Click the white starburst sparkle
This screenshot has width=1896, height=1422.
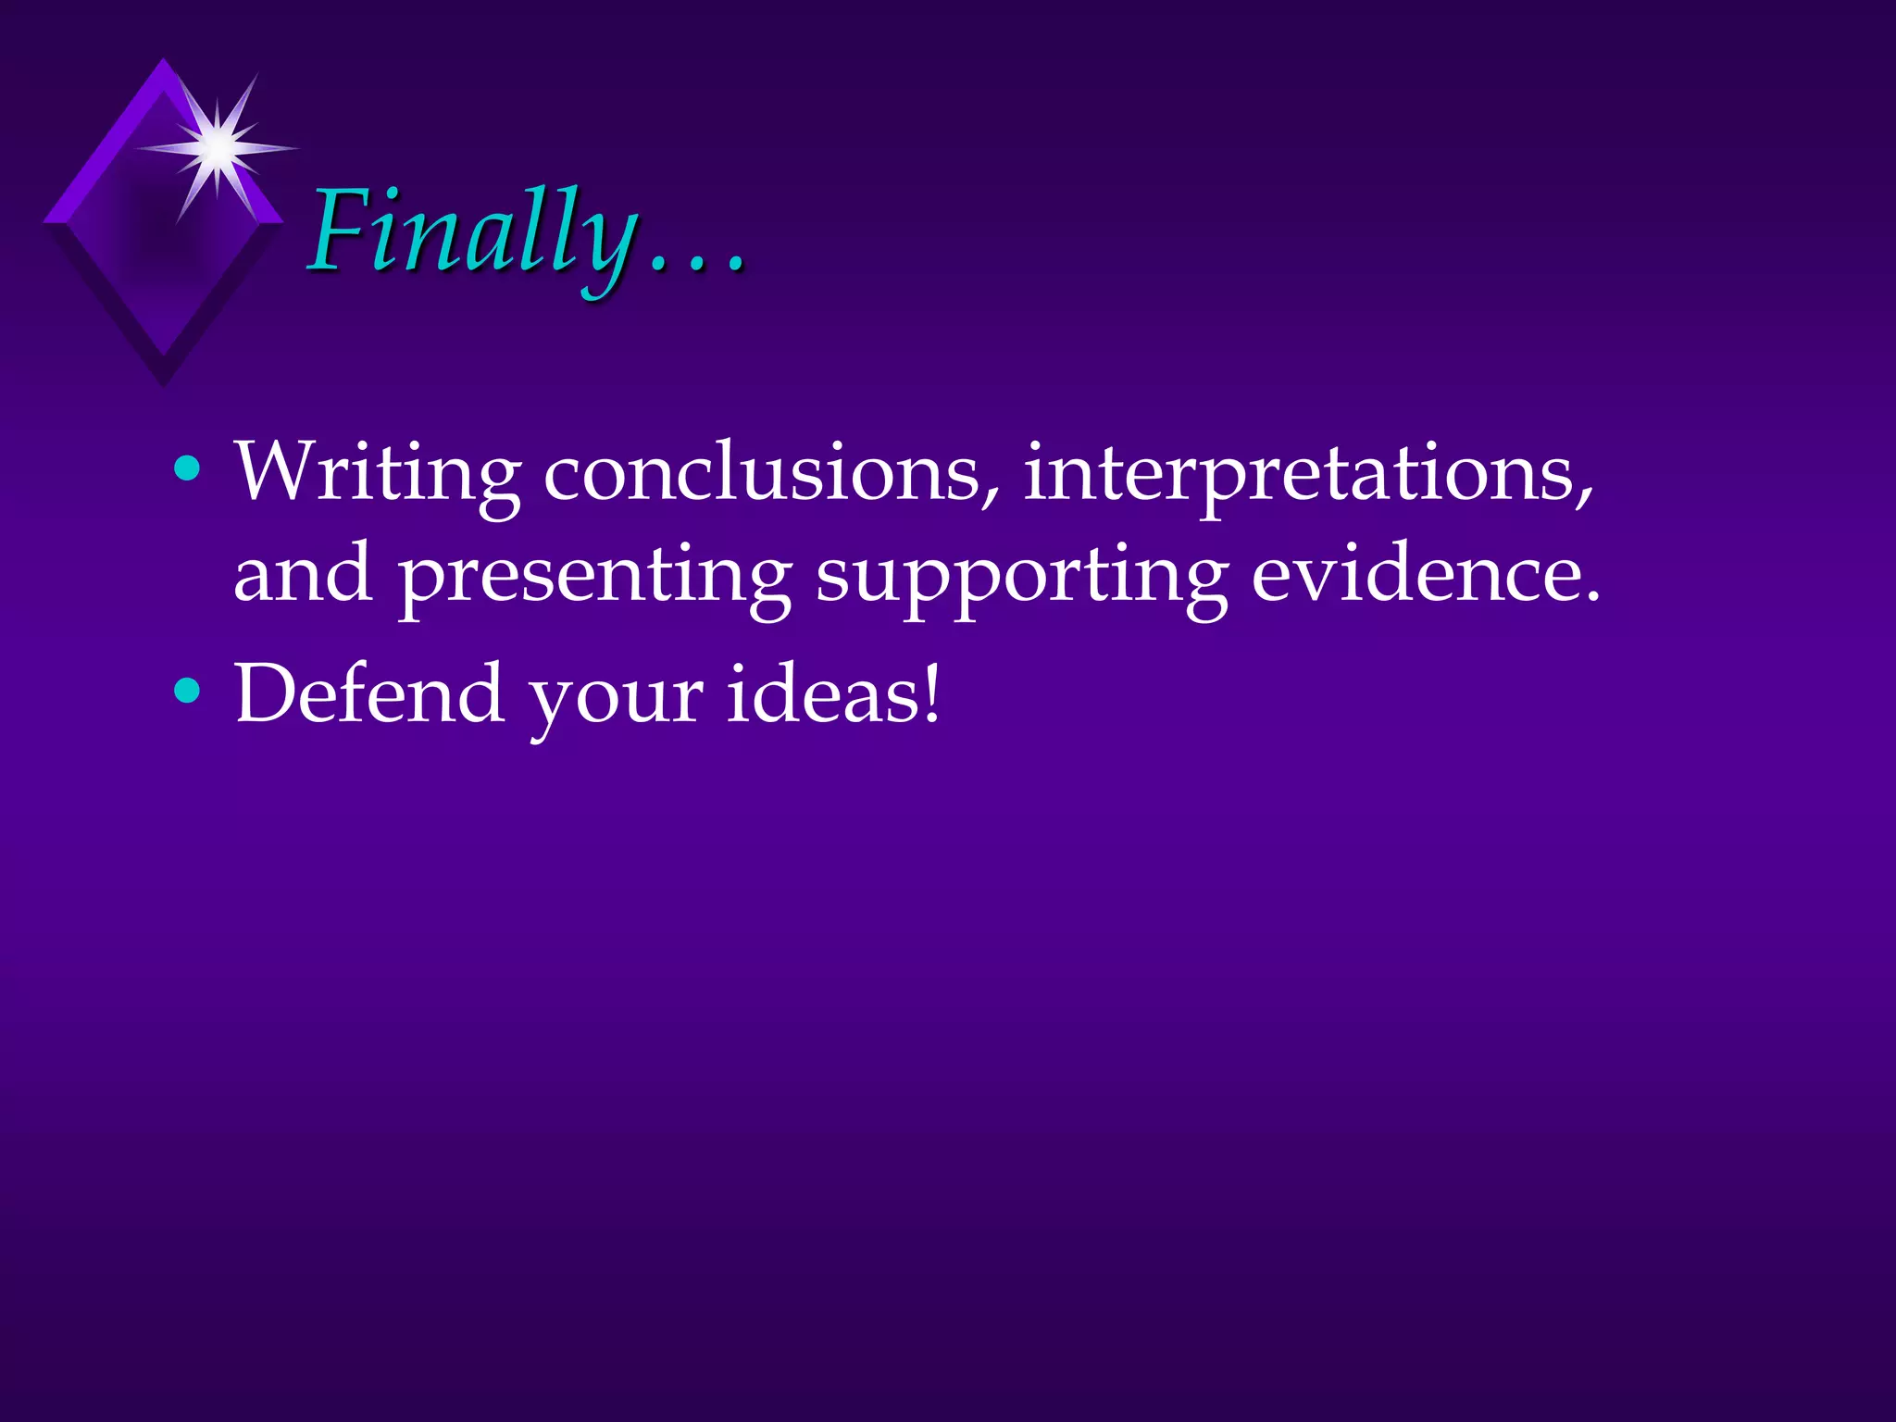[x=218, y=147]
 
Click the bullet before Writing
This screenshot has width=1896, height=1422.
[x=187, y=469]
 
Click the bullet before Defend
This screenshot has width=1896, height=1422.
[x=187, y=692]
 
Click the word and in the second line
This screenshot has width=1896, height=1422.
[x=304, y=574]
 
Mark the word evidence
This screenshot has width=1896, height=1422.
[x=1425, y=574]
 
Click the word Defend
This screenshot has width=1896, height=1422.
[x=369, y=693]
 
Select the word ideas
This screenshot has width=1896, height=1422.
[x=820, y=693]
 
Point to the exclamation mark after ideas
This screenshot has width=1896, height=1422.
[x=930, y=692]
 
